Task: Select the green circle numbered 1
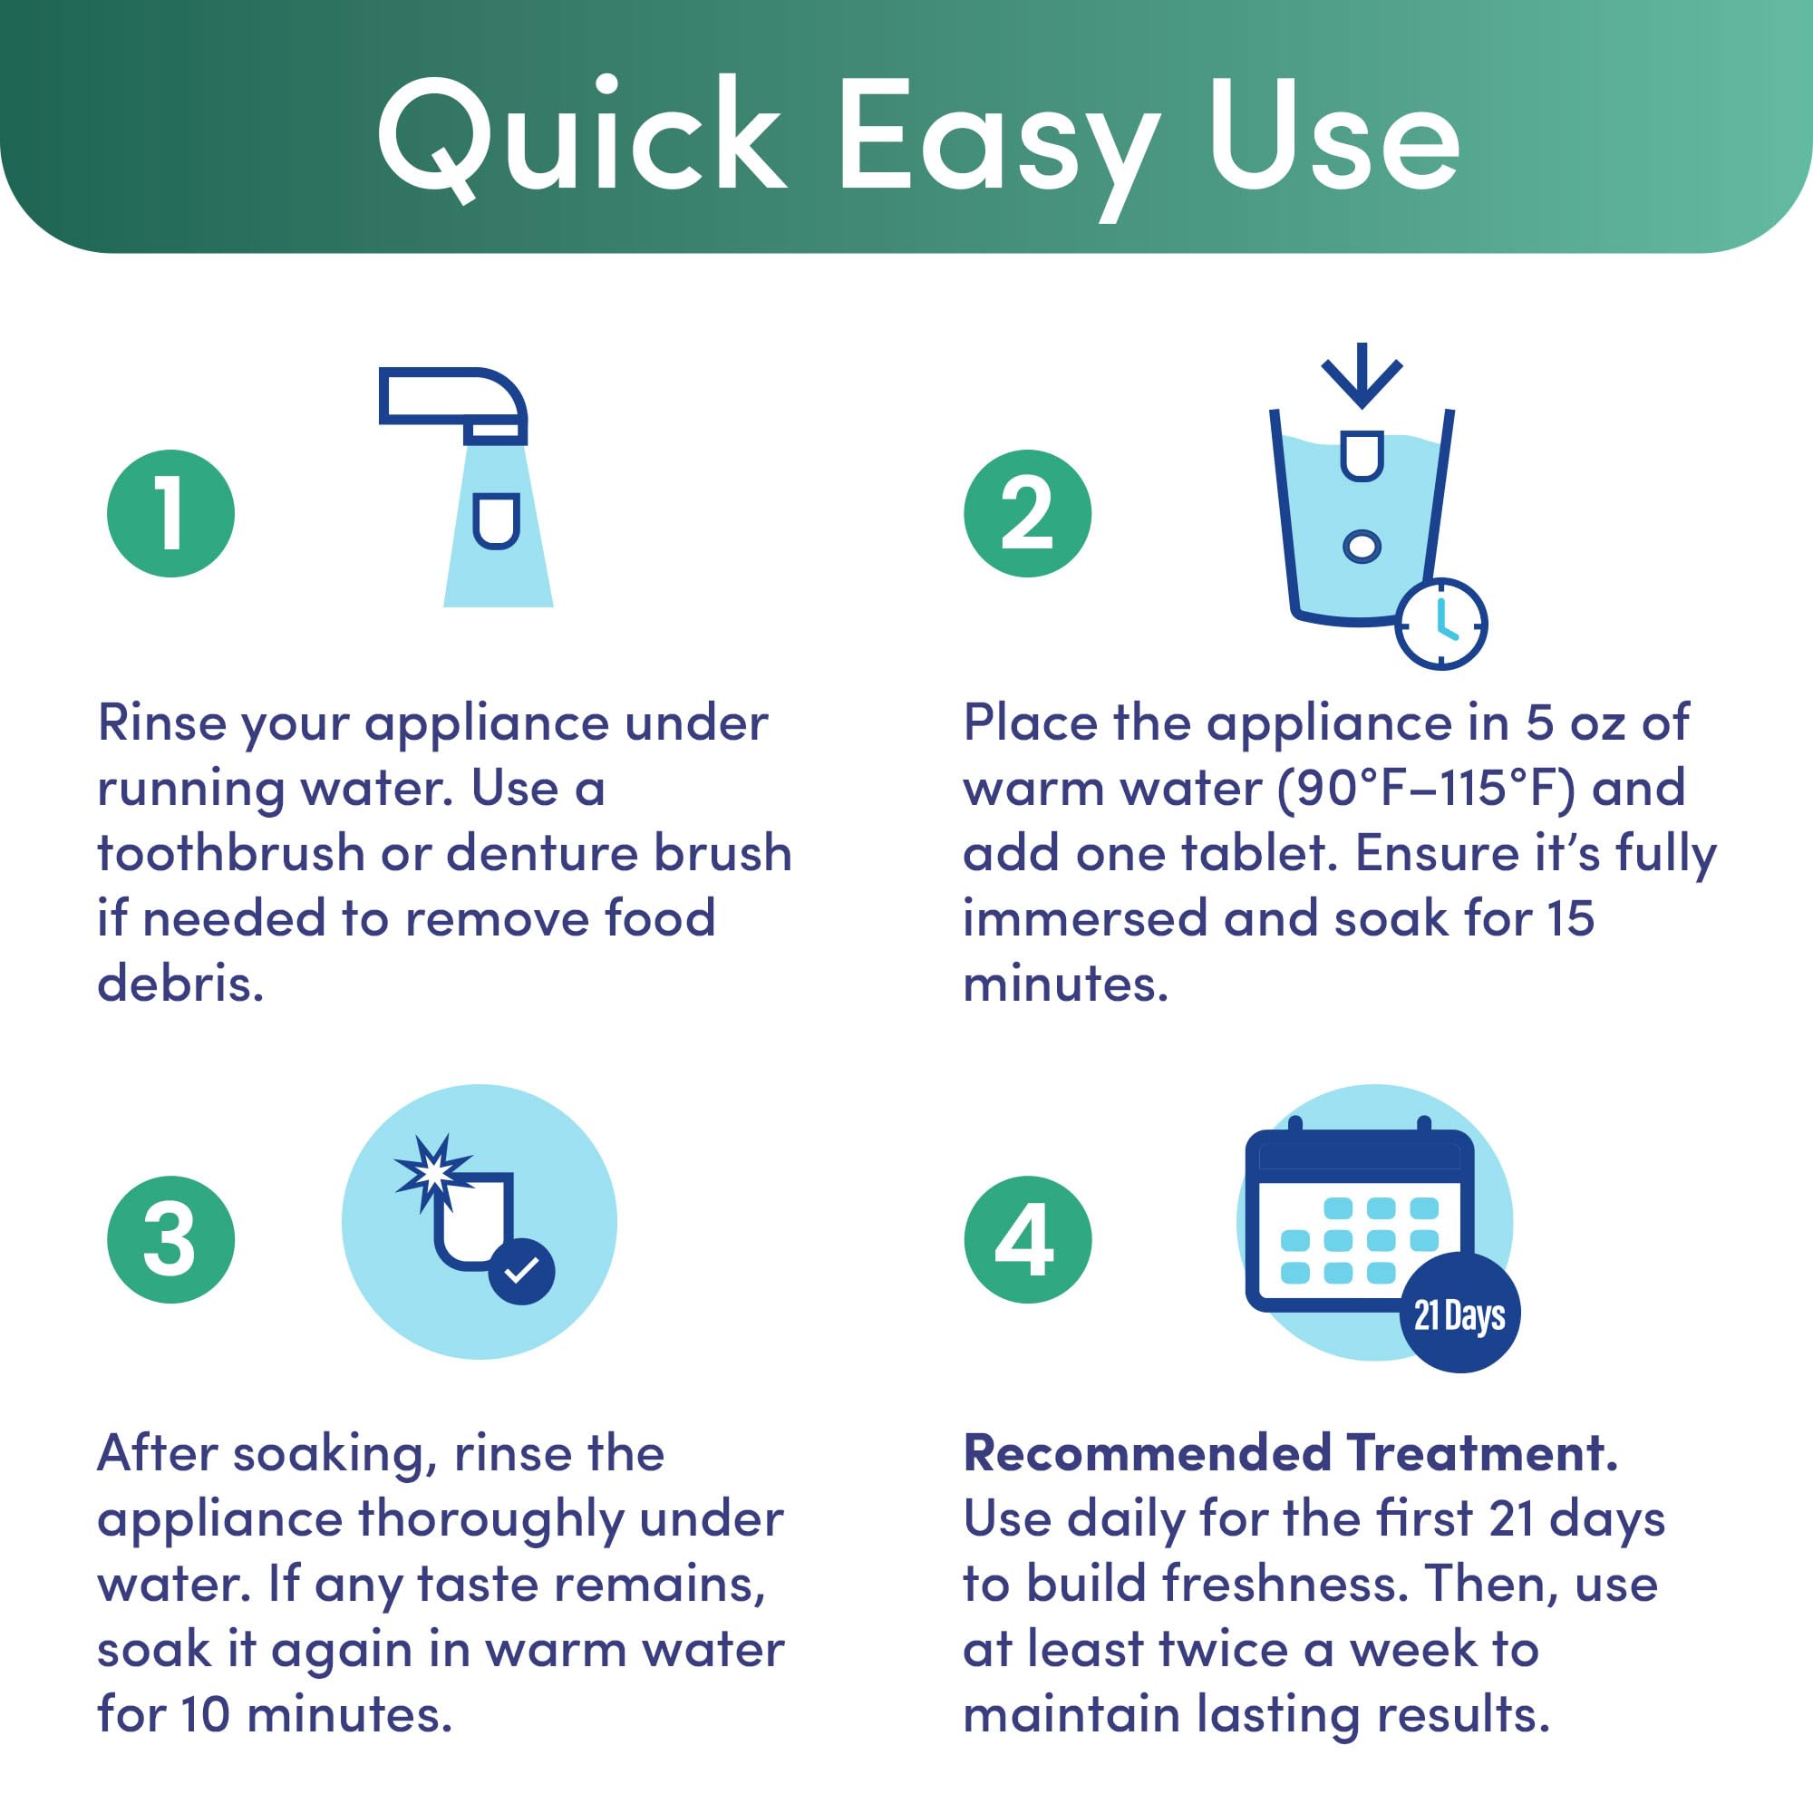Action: point(170,513)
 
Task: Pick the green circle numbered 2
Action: point(1028,513)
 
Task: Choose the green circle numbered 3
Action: point(170,1238)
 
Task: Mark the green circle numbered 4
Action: point(1028,1238)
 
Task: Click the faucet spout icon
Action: point(453,404)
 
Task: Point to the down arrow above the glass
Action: point(1362,375)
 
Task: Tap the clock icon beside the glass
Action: point(1440,624)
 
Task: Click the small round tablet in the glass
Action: point(1362,546)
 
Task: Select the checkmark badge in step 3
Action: point(522,1272)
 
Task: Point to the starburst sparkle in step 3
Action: point(432,1172)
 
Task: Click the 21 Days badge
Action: point(1459,1314)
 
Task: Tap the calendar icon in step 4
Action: point(1360,1220)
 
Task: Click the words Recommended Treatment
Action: point(1291,1454)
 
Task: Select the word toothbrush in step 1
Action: point(231,853)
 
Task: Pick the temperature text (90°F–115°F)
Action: point(1425,788)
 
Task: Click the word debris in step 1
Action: point(180,984)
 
